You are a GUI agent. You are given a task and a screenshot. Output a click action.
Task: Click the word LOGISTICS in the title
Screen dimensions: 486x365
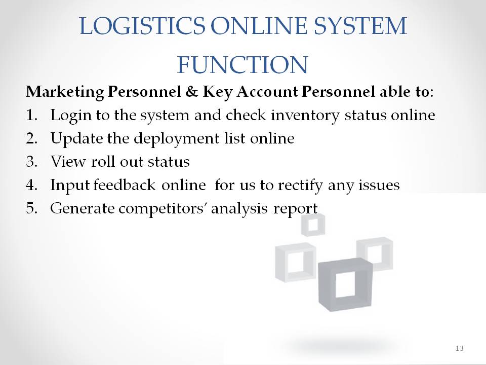[x=142, y=25]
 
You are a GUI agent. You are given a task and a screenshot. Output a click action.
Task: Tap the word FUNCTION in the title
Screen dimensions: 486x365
[x=242, y=64]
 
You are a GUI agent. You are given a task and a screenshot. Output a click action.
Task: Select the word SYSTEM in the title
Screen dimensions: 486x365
[x=360, y=25]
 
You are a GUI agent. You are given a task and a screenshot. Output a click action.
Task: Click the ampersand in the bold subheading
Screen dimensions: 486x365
[x=191, y=92]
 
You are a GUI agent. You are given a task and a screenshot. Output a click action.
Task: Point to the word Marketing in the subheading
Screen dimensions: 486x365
[x=65, y=92]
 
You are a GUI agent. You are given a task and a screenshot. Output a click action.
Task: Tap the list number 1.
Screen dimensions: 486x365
[x=31, y=115]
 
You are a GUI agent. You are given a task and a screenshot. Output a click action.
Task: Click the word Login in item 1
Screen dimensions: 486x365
[x=71, y=116]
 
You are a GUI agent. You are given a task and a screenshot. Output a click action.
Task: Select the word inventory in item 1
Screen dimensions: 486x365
[x=305, y=116]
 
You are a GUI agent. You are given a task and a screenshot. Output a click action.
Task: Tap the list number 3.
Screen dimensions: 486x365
[x=31, y=162]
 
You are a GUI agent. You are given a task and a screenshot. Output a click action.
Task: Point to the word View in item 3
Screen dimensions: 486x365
[x=68, y=161]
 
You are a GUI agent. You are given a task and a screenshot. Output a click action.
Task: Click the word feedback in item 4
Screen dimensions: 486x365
[x=124, y=185]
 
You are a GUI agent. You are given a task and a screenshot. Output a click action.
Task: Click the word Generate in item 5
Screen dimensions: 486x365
[x=82, y=208]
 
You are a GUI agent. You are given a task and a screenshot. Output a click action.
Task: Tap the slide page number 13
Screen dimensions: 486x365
[x=459, y=348]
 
